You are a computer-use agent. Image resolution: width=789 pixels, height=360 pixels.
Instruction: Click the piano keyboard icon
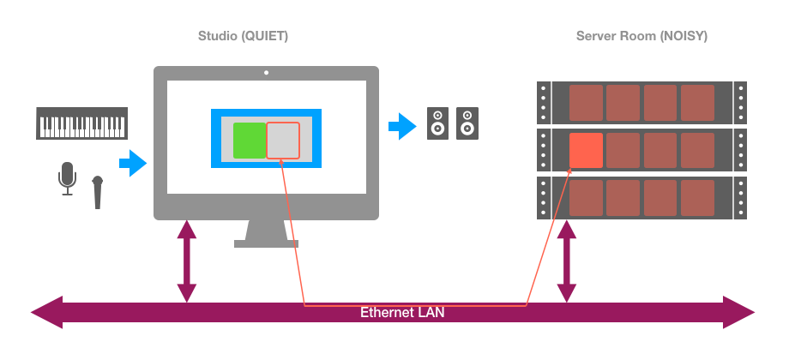click(82, 123)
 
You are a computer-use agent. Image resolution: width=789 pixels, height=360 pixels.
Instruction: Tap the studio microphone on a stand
click(67, 178)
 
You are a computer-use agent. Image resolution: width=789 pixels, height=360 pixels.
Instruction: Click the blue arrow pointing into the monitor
click(133, 162)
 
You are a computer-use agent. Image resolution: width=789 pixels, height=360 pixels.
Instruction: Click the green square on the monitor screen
click(250, 141)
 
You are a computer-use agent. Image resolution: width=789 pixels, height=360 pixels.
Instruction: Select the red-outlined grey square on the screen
click(283, 141)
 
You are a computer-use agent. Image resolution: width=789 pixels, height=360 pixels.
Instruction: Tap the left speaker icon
click(437, 123)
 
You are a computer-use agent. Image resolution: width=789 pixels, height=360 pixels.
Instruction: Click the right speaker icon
click(467, 123)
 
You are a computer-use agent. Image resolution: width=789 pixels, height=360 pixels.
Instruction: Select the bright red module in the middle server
click(586, 151)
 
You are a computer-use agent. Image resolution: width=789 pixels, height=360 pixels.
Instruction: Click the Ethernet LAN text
click(402, 313)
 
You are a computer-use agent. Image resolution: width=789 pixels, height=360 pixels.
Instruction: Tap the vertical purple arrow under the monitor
click(185, 261)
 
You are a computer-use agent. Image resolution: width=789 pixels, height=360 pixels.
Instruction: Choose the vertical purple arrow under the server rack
click(566, 261)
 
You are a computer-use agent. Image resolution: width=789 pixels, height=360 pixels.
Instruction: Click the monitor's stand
click(266, 233)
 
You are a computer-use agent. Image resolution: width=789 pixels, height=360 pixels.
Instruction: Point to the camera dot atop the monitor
click(266, 73)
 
